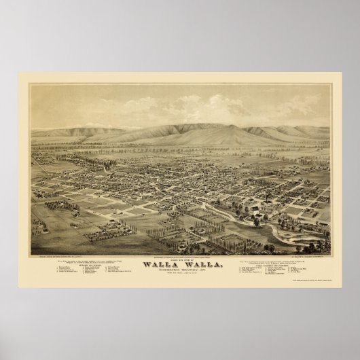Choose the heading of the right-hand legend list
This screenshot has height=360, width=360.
pos(274,266)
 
